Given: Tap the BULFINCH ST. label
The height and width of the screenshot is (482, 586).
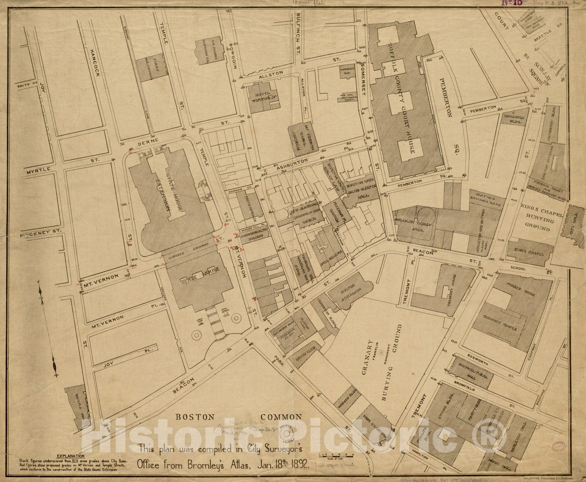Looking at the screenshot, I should (x=298, y=33).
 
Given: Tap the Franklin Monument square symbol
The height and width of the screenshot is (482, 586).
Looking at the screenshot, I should (x=382, y=353).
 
